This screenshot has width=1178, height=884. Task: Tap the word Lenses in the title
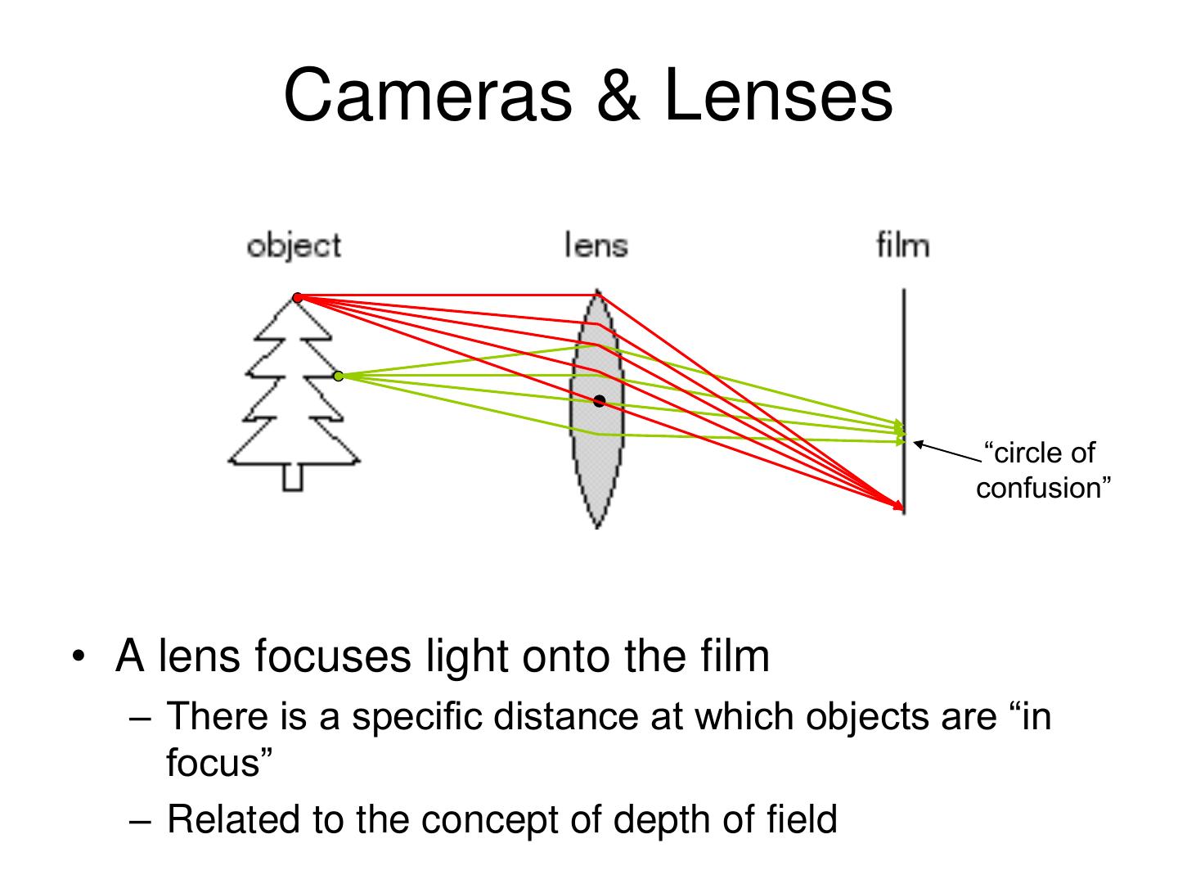click(778, 96)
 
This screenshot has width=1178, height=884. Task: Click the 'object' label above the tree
click(294, 246)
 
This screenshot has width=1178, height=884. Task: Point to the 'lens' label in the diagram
click(596, 245)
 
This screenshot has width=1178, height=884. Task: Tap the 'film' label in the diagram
click(903, 245)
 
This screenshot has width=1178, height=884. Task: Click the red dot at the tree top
click(298, 297)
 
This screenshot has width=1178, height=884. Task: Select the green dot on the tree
click(339, 376)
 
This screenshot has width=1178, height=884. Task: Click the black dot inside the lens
click(600, 401)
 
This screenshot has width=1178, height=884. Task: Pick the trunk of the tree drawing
click(293, 477)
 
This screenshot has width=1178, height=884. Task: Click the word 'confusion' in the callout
click(1044, 488)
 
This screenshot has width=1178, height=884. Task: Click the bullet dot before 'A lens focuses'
click(78, 658)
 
